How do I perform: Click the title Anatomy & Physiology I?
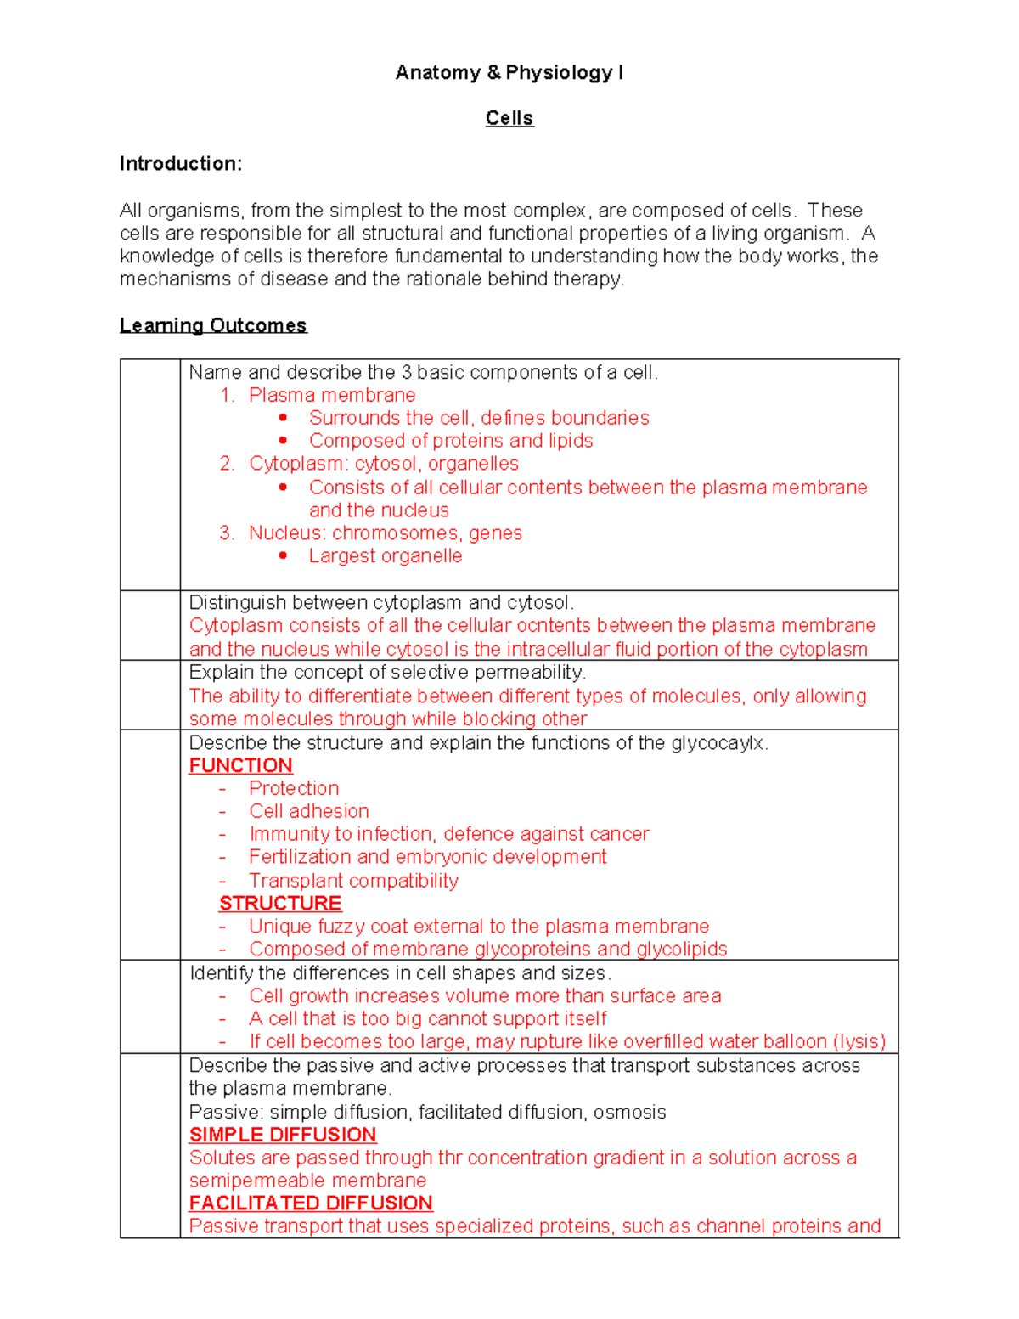(509, 73)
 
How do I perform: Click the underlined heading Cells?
(509, 118)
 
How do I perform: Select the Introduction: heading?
(180, 164)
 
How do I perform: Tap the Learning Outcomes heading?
(212, 325)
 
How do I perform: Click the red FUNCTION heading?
(240, 765)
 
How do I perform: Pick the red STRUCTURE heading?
(280, 903)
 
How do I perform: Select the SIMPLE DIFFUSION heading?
(282, 1135)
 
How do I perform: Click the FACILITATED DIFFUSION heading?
(311, 1203)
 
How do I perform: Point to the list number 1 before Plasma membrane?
(226, 395)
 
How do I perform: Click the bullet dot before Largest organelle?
(283, 555)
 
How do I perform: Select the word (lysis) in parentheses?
(859, 1042)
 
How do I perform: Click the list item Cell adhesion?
(309, 811)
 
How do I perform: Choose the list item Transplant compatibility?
(353, 881)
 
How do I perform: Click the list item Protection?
(294, 788)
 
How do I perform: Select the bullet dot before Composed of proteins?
(283, 441)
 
